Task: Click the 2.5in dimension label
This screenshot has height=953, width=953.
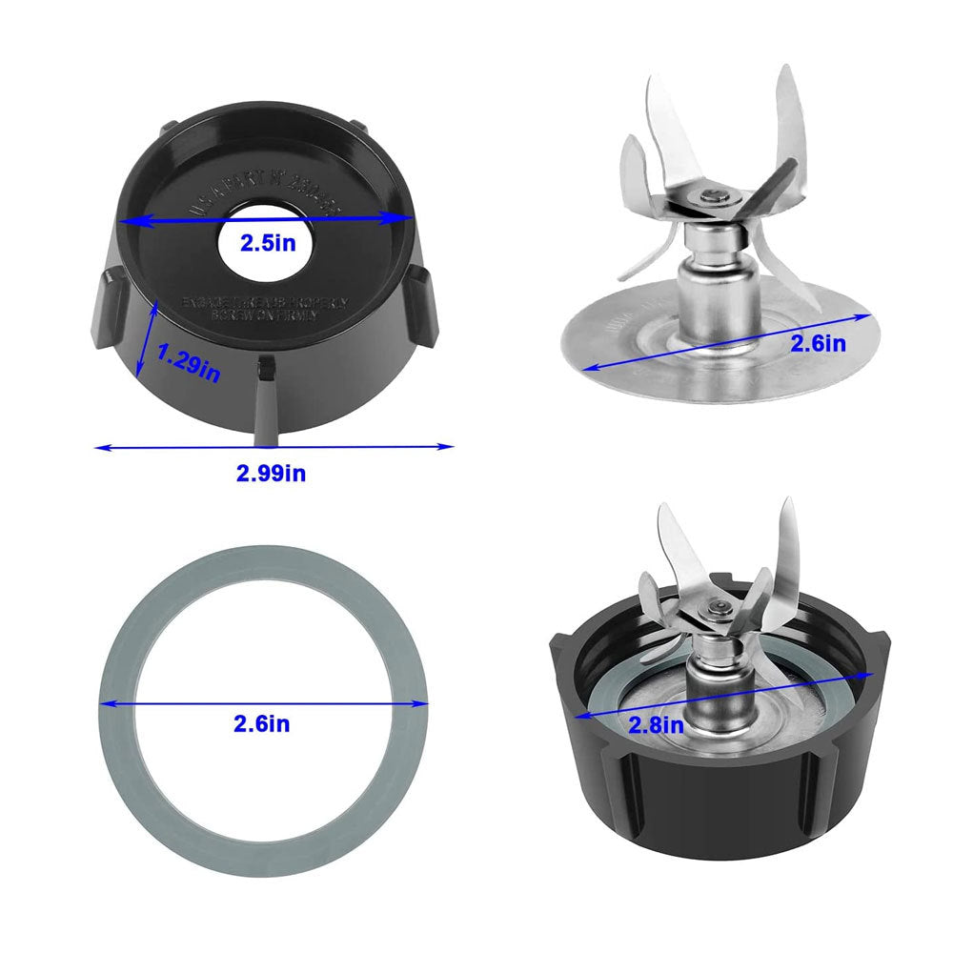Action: tap(267, 242)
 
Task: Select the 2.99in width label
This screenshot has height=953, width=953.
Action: tap(272, 473)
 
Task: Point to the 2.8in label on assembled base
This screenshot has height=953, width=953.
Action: tap(656, 724)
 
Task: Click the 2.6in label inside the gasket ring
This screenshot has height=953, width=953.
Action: tap(263, 724)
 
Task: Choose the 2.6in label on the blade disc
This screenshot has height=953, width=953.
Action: tap(818, 343)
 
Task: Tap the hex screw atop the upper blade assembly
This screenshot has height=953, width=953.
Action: tap(714, 196)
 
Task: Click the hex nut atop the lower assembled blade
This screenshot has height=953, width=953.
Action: tap(717, 607)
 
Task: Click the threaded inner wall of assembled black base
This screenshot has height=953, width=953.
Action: tap(610, 658)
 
